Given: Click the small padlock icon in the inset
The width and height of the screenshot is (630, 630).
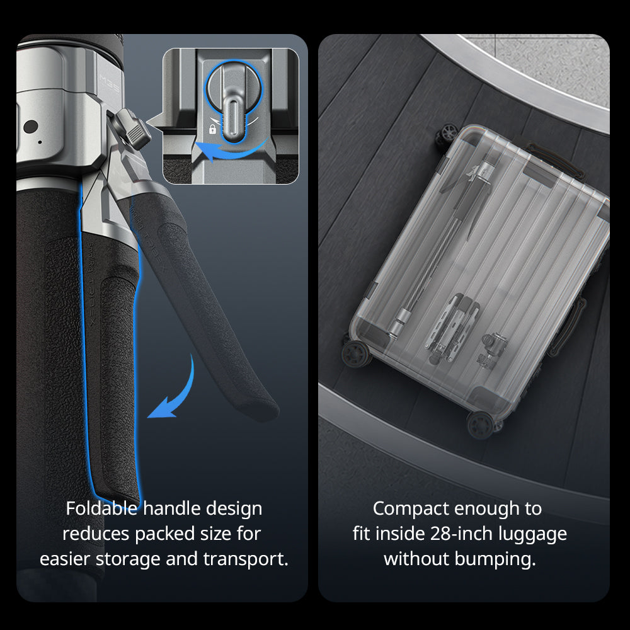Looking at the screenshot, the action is pos(212,129).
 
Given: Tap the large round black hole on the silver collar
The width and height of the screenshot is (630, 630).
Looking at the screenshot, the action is pos(30,127).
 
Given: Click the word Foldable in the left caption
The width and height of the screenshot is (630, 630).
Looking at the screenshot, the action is pos(101,508).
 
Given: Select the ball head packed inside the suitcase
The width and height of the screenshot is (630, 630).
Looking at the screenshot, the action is pos(493,350).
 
